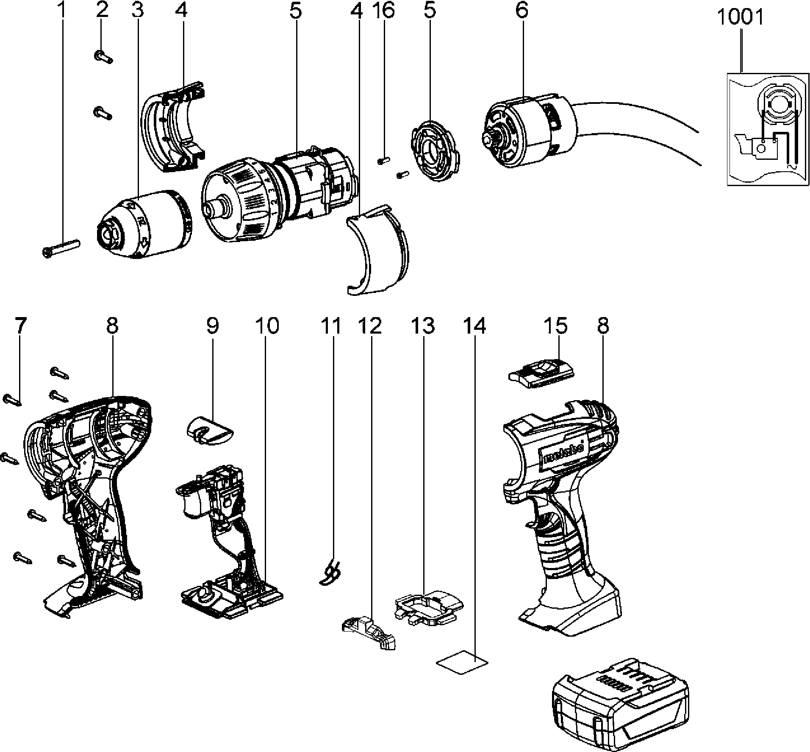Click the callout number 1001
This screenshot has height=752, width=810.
pyautogui.click(x=741, y=18)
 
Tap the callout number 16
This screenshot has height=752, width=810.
pyautogui.click(x=384, y=10)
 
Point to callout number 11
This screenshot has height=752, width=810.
pyautogui.click(x=331, y=326)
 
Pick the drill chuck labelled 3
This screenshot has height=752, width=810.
pyautogui.click(x=144, y=223)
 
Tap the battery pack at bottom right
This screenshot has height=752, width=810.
pyautogui.click(x=620, y=704)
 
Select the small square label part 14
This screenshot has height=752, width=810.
pyautogui.click(x=462, y=662)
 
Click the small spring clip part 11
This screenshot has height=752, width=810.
pyautogui.click(x=331, y=573)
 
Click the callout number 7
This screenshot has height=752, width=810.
pyautogui.click(x=20, y=326)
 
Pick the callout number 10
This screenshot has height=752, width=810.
pyautogui.click(x=267, y=326)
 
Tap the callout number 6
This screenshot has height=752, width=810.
pyautogui.click(x=522, y=10)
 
